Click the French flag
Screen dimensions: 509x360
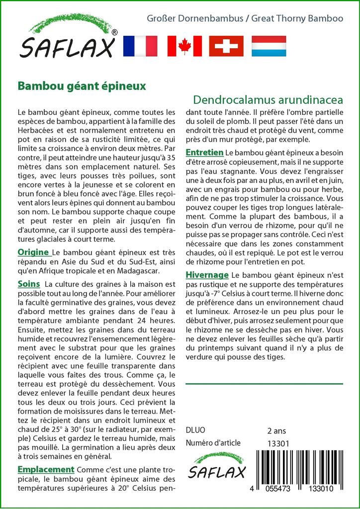coord(140,46)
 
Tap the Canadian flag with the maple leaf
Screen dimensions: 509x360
coord(184,46)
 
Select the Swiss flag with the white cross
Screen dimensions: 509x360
coord(226,46)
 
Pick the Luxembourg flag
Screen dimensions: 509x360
coord(269,46)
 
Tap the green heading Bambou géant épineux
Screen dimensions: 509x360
coord(82,85)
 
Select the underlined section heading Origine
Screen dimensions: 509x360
coord(33,252)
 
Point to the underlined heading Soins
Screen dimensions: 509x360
coord(28,284)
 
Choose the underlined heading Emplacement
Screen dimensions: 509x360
coord(46,469)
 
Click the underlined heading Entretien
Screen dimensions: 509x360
coord(204,152)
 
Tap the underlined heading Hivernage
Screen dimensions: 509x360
coord(207,275)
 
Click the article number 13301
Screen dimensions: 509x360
coord(278,443)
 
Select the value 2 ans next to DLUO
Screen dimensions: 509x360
coord(276,430)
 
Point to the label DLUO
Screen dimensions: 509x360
coord(195,430)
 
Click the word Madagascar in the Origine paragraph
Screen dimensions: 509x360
coord(135,271)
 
